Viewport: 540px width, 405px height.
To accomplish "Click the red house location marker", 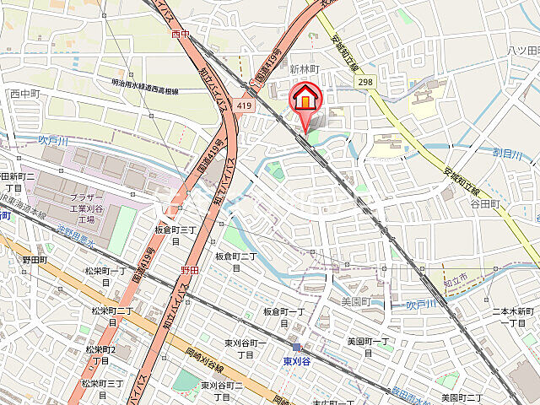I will point(305,100).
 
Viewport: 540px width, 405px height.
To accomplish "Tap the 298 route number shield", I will point(364,81).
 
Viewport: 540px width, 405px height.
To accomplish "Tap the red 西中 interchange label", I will point(181,35).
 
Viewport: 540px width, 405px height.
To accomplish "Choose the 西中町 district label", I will point(25,94).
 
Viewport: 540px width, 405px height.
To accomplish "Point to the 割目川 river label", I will point(508,153).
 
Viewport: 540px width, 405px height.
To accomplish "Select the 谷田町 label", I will point(486,204).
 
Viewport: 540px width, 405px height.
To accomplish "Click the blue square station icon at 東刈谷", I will point(296,347).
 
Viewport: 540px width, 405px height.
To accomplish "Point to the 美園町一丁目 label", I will point(369,346).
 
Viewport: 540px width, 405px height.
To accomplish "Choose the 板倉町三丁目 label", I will point(175,235).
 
